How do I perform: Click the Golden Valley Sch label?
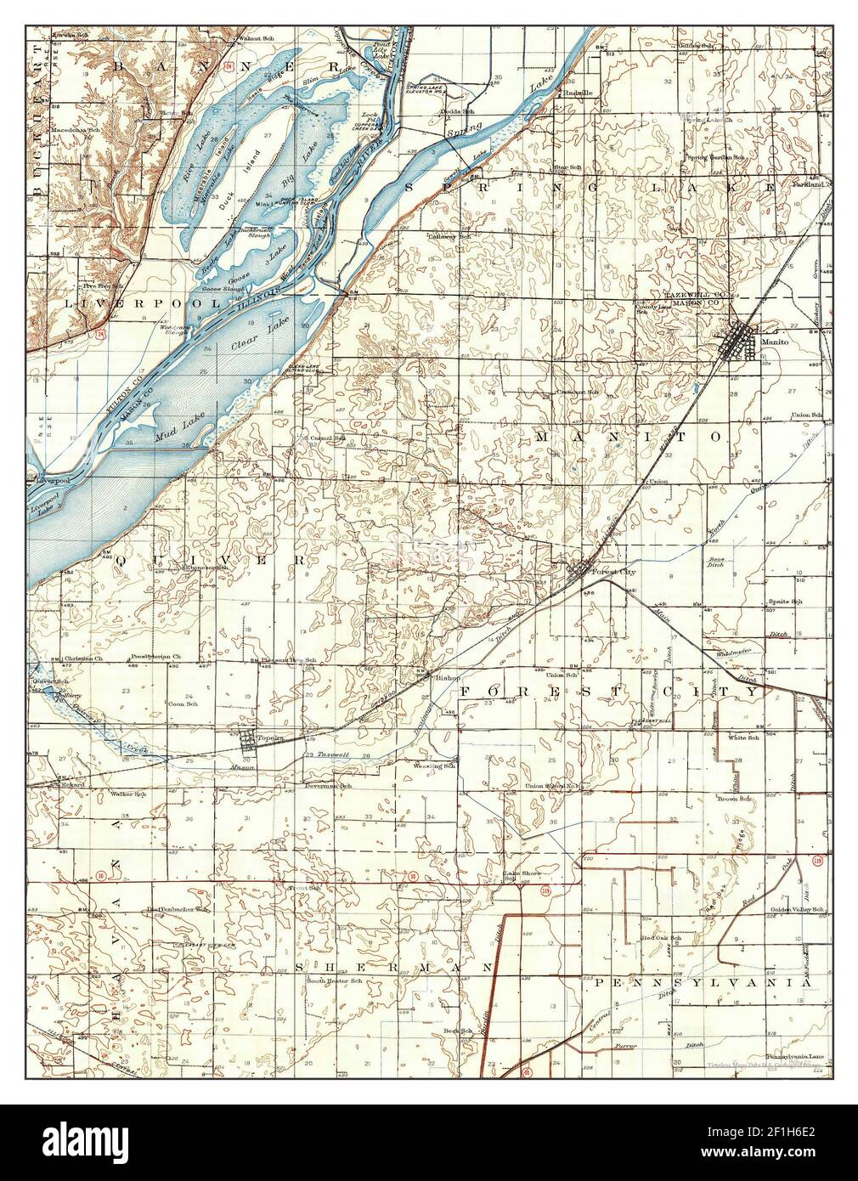tap(798, 909)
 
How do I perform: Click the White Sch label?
tap(747, 737)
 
